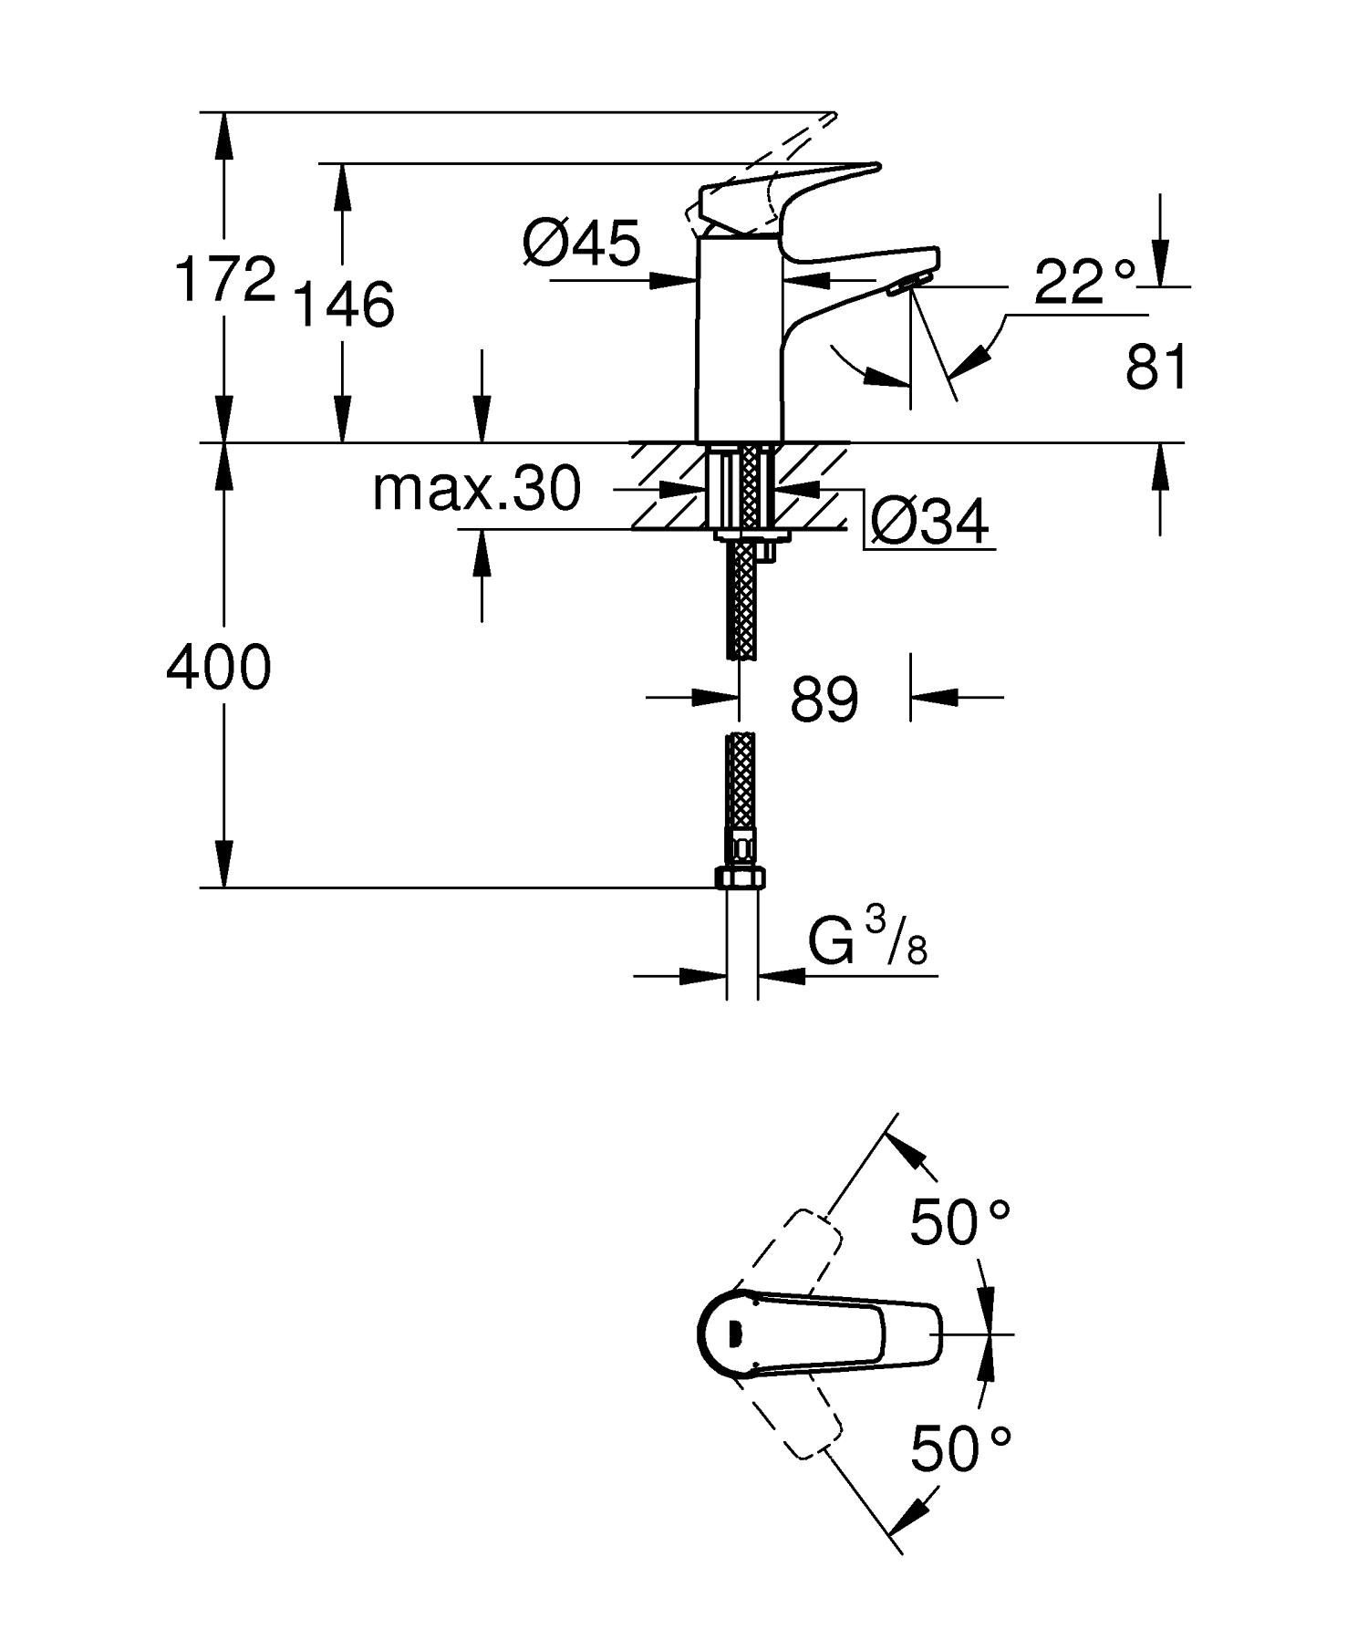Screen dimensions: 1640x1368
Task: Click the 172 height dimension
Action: click(x=224, y=279)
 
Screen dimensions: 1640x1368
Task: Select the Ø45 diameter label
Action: click(x=582, y=244)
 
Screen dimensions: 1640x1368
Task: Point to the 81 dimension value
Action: click(x=1156, y=368)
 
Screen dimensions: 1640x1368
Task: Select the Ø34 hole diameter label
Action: click(x=929, y=524)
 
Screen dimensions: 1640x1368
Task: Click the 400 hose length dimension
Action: click(x=219, y=667)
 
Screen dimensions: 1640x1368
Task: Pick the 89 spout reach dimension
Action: click(x=824, y=700)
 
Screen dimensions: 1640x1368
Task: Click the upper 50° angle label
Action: click(x=960, y=1222)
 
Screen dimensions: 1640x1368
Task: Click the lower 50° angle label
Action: click(x=960, y=1448)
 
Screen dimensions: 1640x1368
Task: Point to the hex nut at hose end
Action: click(x=741, y=878)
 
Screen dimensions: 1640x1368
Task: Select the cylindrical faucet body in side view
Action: click(x=739, y=337)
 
